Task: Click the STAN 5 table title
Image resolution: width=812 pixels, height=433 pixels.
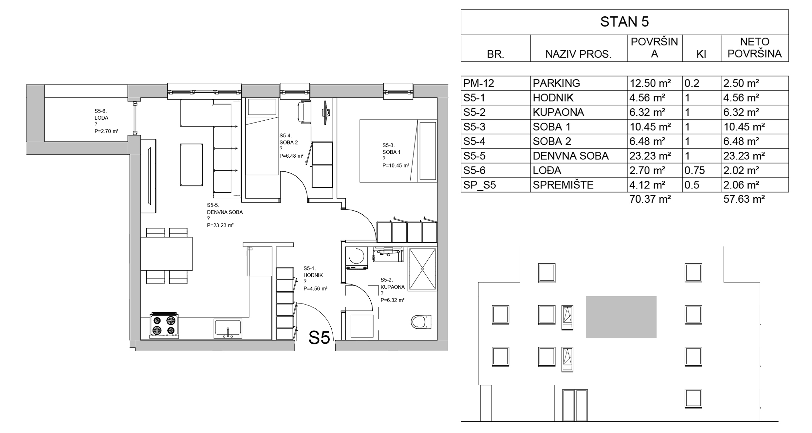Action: [624, 22]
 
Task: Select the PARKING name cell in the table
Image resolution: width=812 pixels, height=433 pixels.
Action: [579, 83]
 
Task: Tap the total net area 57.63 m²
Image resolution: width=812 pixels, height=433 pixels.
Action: [744, 199]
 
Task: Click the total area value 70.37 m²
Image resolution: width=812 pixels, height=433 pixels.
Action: [650, 199]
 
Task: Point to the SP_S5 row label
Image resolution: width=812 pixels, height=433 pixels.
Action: [479, 185]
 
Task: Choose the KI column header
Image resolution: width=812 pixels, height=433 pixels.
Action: [701, 54]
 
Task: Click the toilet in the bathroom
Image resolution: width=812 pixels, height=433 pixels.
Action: [421, 322]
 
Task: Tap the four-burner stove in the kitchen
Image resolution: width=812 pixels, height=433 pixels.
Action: [164, 325]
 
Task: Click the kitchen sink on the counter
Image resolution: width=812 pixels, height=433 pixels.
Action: [228, 328]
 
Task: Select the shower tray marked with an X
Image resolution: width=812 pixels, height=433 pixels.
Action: [422, 269]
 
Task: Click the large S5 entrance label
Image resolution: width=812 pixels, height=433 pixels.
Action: [319, 338]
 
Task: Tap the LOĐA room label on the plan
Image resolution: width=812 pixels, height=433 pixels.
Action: [101, 118]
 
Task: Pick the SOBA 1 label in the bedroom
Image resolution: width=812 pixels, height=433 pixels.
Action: [391, 152]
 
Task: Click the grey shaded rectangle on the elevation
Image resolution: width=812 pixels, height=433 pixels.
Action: [621, 317]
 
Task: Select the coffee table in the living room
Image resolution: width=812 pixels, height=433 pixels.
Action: [191, 165]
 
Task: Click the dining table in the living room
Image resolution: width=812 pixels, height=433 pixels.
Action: [166, 254]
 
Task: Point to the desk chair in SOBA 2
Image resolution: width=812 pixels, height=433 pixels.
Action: [304, 112]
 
